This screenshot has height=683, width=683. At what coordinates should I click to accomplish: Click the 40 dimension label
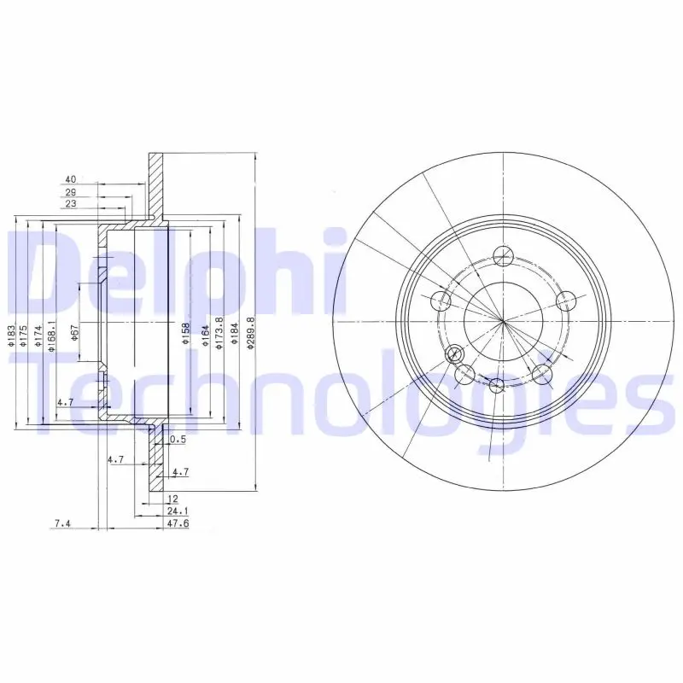pyautogui.click(x=71, y=179)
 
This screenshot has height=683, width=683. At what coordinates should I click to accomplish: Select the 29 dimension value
pyautogui.click(x=71, y=192)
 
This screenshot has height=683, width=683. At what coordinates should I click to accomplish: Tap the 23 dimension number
pyautogui.click(x=71, y=204)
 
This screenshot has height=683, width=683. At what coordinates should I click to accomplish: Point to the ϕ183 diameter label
pyautogui.click(x=12, y=336)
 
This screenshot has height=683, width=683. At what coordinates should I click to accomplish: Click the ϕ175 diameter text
pyautogui.click(x=24, y=336)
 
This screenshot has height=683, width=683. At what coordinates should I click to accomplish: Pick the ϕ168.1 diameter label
pyautogui.click(x=51, y=336)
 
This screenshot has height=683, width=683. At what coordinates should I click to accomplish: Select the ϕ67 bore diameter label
pyautogui.click(x=74, y=333)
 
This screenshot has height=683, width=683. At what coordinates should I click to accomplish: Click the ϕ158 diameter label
pyautogui.click(x=186, y=334)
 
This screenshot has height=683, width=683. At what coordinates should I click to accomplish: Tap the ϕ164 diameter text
pyautogui.click(x=206, y=336)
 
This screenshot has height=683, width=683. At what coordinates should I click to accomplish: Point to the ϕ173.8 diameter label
pyautogui.click(x=219, y=334)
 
